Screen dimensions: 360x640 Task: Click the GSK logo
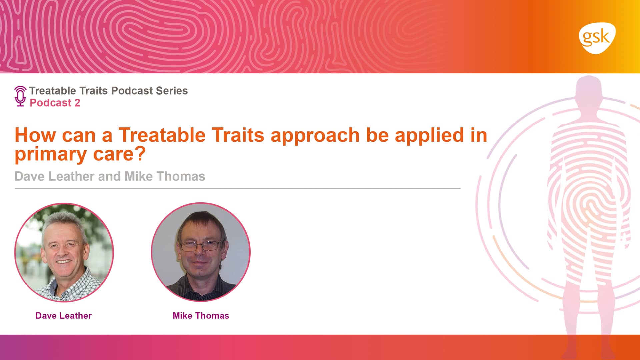(x=597, y=38)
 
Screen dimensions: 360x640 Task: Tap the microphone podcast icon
(x=20, y=96)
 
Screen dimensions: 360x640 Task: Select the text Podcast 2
(x=55, y=103)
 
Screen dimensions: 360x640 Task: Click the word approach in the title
(x=315, y=136)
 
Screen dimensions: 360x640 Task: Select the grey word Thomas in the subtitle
(x=181, y=176)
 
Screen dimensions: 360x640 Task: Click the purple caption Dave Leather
(x=63, y=316)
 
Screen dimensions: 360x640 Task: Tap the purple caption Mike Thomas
(x=201, y=316)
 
